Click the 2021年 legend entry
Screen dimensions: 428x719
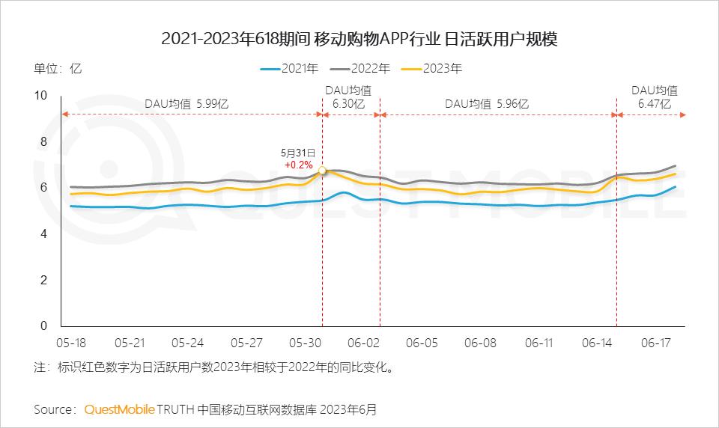(x=289, y=68)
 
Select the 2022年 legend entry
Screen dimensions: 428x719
(x=360, y=68)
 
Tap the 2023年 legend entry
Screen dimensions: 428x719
(x=431, y=68)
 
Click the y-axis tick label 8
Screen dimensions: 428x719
(x=43, y=141)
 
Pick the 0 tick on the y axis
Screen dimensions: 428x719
(x=43, y=326)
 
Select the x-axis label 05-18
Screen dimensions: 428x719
(x=71, y=343)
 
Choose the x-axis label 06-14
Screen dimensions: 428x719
(x=597, y=343)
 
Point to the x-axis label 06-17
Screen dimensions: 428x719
(x=655, y=343)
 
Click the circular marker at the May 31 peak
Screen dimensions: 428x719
(x=323, y=171)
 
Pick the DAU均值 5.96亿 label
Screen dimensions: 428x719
(x=486, y=104)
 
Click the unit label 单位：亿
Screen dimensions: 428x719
(x=58, y=68)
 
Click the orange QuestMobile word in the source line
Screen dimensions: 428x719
(x=119, y=410)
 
